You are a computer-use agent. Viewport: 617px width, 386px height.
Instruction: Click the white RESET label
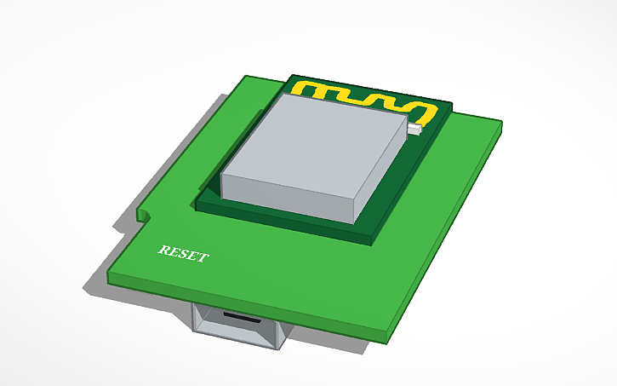click(182, 254)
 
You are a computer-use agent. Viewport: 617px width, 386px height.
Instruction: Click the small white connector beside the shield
click(414, 130)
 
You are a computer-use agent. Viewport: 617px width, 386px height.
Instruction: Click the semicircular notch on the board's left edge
click(144, 214)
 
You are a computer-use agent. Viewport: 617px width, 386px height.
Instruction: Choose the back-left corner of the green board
click(246, 76)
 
